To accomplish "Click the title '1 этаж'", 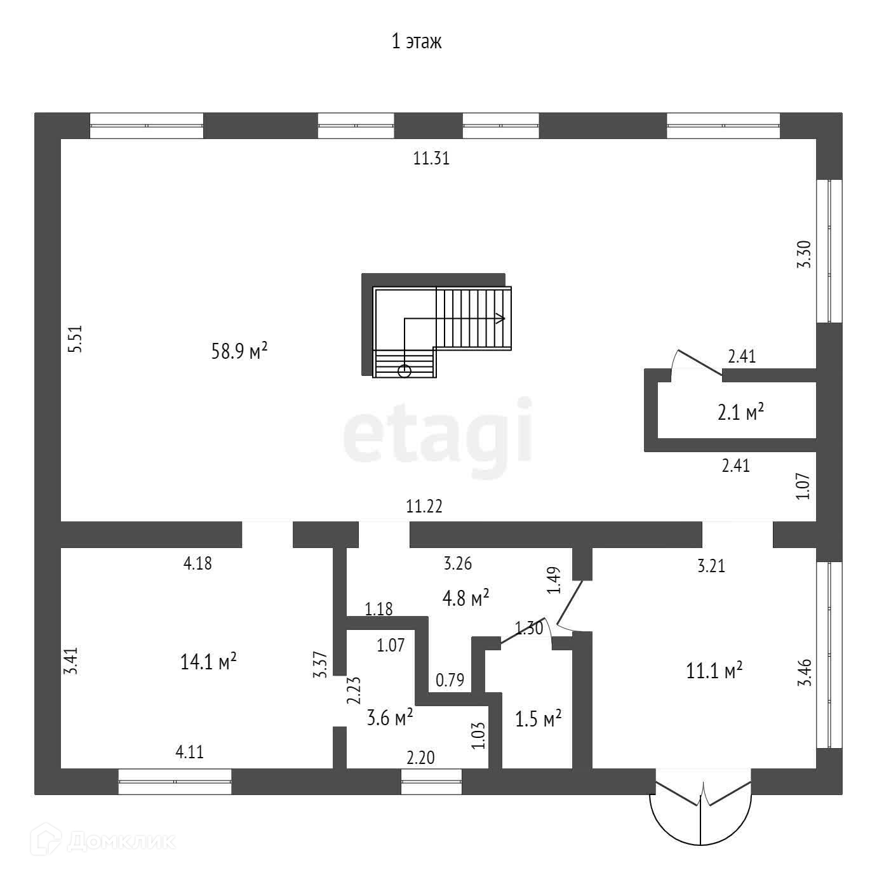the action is click(416, 42).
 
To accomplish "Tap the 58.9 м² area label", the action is click(239, 351).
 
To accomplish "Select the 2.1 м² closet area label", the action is click(740, 413).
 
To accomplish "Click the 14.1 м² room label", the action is click(209, 662).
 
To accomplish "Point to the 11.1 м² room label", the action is click(714, 671).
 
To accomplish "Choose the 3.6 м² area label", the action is click(391, 718).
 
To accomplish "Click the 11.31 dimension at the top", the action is click(431, 159).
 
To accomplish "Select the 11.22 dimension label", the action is click(424, 507).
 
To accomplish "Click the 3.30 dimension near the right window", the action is click(804, 255).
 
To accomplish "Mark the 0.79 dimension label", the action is click(450, 680).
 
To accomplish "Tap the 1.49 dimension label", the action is click(554, 580).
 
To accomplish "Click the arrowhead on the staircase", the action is click(500, 318).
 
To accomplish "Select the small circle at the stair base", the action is click(405, 371).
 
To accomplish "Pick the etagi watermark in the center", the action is click(438, 431).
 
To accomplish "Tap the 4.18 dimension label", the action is click(197, 563).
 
